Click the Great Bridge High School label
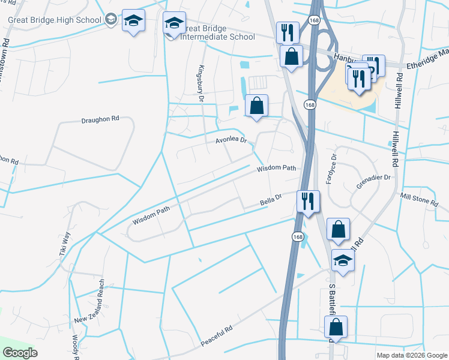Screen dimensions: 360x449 pos(55,20)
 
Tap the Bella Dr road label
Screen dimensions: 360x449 pos(271,199)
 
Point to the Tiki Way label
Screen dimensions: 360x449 pos(65,245)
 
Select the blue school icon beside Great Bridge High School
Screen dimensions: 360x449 pos(132,21)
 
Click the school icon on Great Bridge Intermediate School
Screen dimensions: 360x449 pos(174,23)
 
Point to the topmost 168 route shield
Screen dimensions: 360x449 pos(313,20)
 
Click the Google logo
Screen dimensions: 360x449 pos(20,353)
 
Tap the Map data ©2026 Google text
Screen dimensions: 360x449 pos(412,355)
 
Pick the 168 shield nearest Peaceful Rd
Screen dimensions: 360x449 pos(298,236)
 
